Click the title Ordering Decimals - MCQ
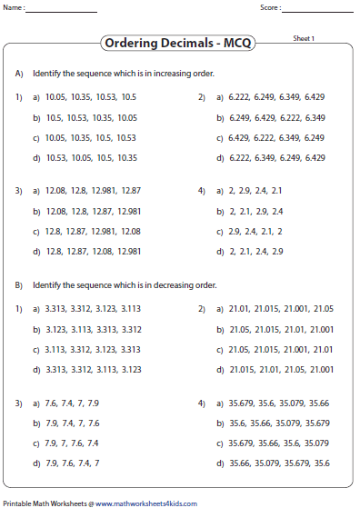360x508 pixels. point(178,42)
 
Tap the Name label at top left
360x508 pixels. point(15,7)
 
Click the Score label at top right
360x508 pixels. point(270,7)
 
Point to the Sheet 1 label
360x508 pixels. point(303,39)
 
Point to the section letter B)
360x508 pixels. point(18,285)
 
